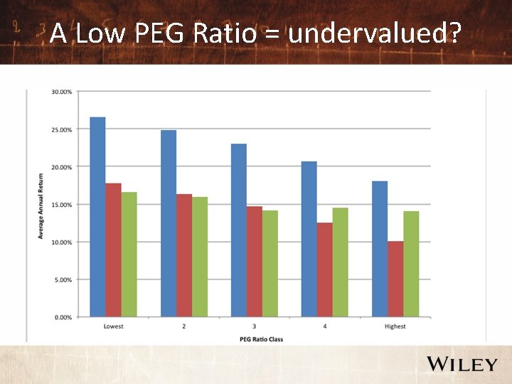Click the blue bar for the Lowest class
pos(97,217)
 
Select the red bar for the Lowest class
pos(113,250)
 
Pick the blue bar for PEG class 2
pos(168,223)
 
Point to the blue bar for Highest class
pos(379,249)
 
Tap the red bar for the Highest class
pos(395,279)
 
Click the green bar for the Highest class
pos(410,264)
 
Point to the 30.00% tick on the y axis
pos(61,92)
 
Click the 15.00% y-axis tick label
pos(61,204)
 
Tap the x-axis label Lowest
pos(113,326)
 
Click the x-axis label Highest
pos(395,326)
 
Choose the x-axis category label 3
pos(254,326)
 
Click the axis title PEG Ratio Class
pos(254,339)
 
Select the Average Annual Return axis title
pos(41,205)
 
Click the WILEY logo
pos(462,365)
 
